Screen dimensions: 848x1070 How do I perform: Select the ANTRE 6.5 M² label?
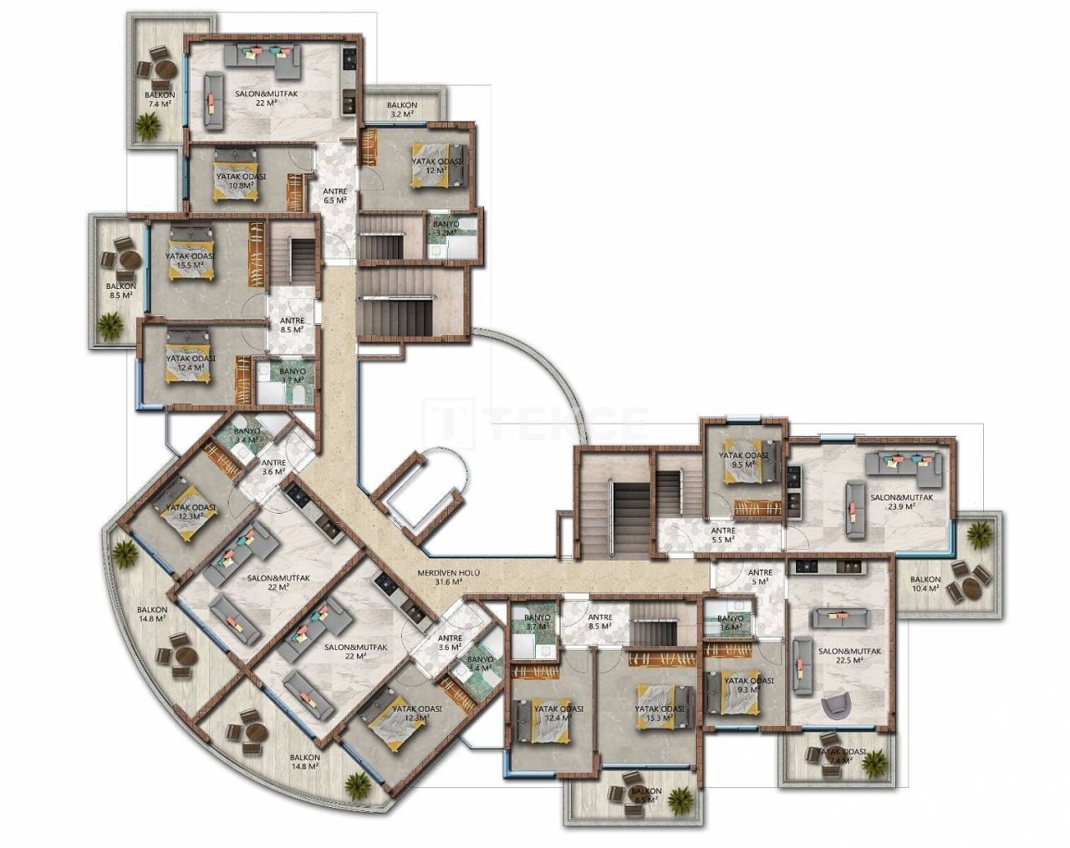pyautogui.click(x=334, y=195)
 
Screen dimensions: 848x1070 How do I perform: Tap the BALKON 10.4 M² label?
pyautogui.click(x=925, y=583)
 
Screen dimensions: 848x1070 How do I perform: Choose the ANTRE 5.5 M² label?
pyautogui.click(x=723, y=535)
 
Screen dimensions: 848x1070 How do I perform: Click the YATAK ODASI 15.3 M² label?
pyautogui.click(x=660, y=712)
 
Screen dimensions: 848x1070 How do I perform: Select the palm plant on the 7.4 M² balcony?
pyautogui.click(x=149, y=124)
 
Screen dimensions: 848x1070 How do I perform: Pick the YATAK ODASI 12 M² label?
pyautogui.click(x=435, y=164)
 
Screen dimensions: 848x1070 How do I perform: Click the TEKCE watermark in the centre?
pyautogui.click(x=535, y=421)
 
